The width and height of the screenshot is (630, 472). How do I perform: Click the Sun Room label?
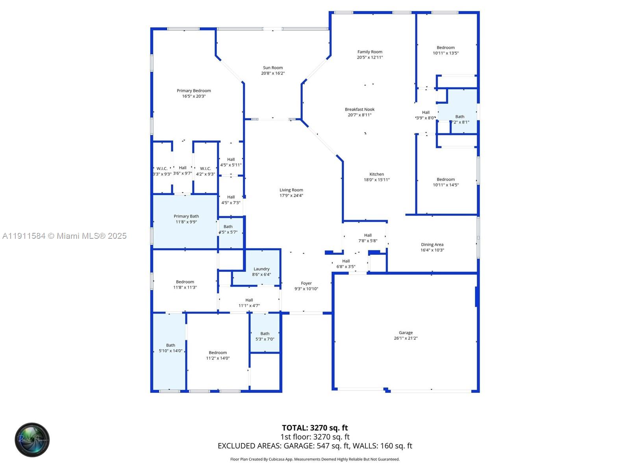coord(273,68)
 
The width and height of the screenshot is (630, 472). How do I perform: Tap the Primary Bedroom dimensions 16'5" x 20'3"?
coord(194,96)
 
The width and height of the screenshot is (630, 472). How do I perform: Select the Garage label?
coord(406,333)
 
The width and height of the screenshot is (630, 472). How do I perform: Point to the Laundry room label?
coord(261,269)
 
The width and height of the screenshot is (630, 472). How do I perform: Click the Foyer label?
coord(306,283)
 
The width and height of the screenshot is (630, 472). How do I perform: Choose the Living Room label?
coord(291,190)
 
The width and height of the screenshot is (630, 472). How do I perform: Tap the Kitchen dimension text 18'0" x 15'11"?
coord(376,180)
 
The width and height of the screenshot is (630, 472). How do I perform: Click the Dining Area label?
coord(432,245)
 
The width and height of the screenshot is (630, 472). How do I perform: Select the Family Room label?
coord(370,52)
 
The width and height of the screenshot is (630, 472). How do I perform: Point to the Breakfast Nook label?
coord(359,110)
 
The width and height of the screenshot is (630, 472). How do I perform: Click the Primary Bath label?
coord(186,216)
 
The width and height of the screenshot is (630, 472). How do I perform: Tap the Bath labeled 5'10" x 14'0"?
coord(170,348)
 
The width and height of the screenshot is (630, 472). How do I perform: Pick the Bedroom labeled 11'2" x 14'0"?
coord(218,355)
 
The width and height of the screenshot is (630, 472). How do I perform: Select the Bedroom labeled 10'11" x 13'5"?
coord(445,50)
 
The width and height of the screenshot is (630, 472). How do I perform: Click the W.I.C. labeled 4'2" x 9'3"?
coord(206,171)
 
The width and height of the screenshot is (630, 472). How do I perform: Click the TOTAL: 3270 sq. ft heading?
coord(315,428)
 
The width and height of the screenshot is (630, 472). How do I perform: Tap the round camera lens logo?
coord(32,440)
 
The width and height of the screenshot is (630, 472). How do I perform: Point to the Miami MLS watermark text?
coord(65,236)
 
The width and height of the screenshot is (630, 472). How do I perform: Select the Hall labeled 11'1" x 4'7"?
coord(249,303)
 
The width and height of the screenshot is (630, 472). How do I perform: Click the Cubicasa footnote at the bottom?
coord(315,459)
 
